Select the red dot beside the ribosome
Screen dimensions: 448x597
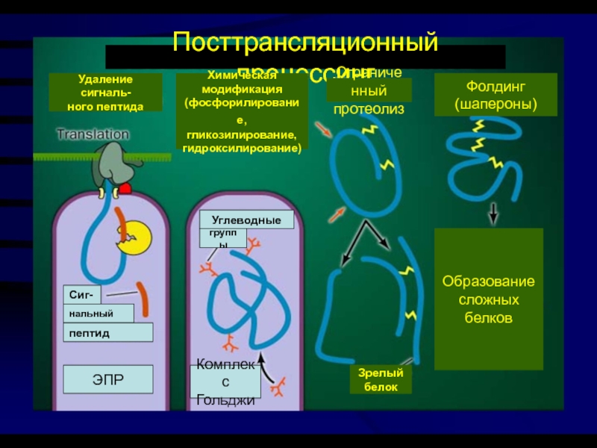(126, 188)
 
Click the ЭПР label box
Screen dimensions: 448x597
(107, 379)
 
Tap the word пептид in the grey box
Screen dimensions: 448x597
(90, 332)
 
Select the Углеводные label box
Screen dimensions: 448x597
(247, 220)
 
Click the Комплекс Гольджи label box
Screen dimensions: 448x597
(226, 382)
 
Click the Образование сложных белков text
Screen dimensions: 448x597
(489, 299)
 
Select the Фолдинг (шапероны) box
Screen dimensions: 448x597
(496, 95)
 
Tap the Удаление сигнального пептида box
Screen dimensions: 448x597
(105, 93)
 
